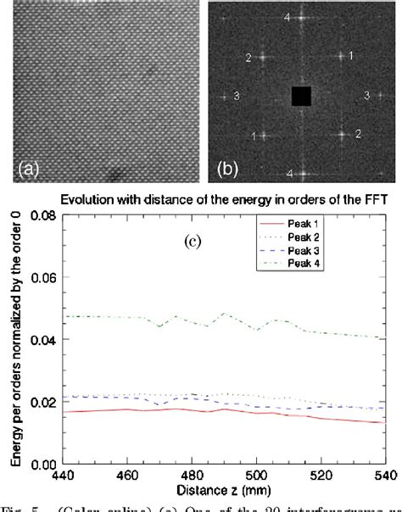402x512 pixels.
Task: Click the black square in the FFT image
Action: pyautogui.click(x=301, y=96)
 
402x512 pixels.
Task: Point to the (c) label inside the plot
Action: pyautogui.click(x=193, y=242)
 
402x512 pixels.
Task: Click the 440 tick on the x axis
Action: pyautogui.click(x=63, y=476)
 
